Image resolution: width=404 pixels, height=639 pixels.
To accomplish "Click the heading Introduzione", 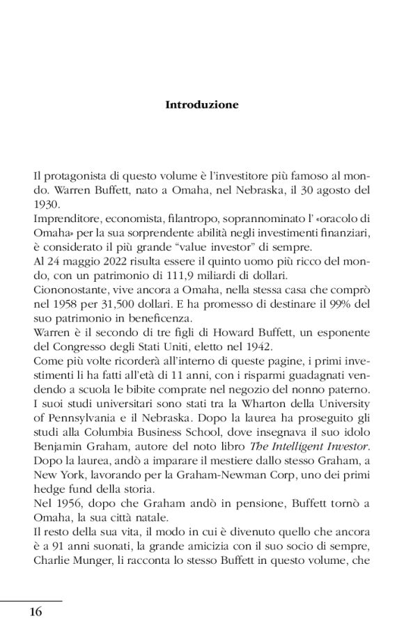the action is [202, 105].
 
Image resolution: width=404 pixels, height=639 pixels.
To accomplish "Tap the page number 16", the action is [36, 612].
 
